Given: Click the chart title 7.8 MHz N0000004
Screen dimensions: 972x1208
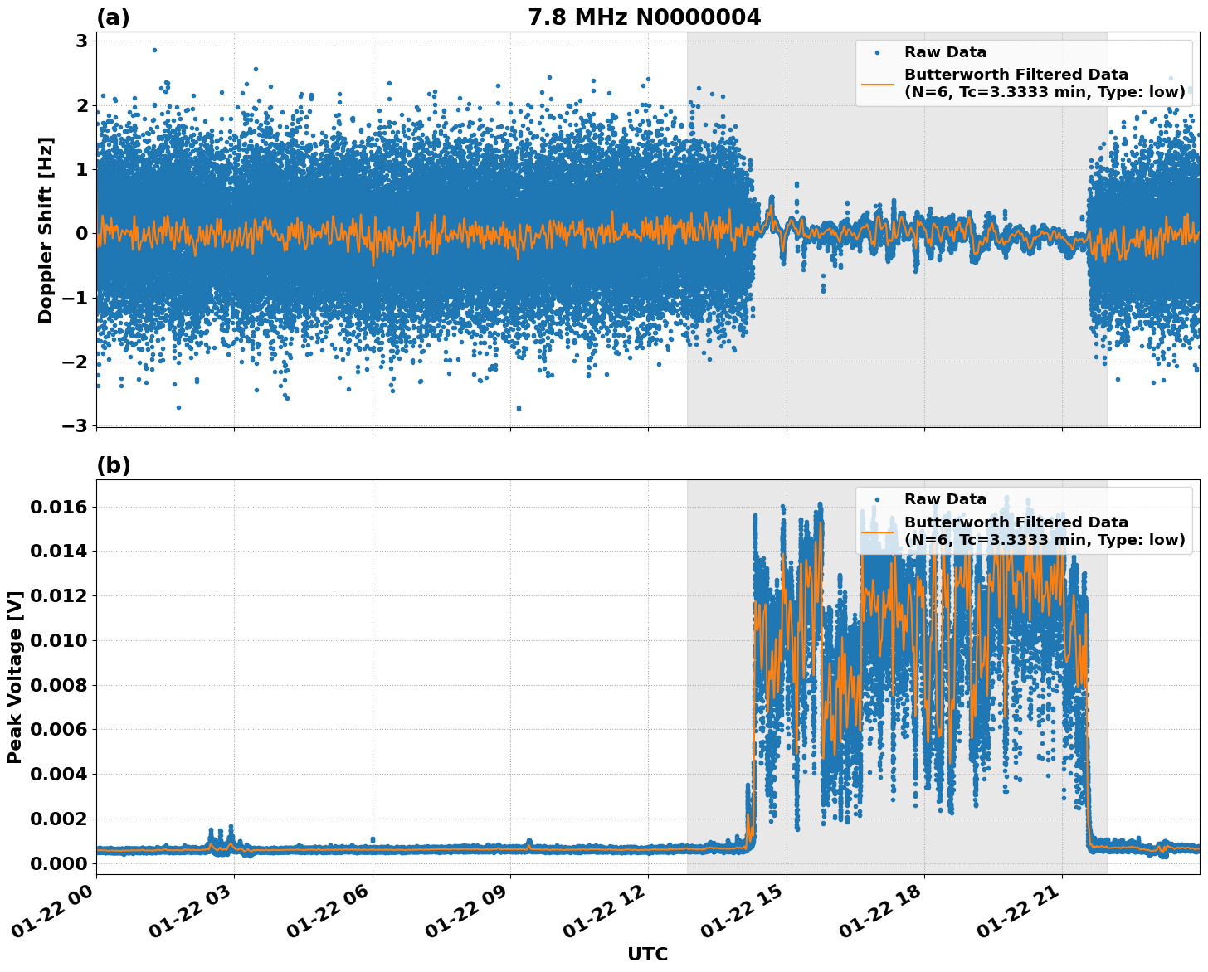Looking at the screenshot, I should click(x=644, y=17).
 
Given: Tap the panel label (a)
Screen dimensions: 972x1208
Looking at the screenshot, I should click(x=113, y=17).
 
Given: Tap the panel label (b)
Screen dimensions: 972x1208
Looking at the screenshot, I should click(x=114, y=465).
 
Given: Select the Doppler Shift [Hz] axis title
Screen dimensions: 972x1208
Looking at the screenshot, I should click(x=46, y=230).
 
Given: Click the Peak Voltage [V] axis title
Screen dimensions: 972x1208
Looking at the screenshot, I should click(x=14, y=677).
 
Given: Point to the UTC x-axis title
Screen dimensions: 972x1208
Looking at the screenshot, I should click(x=647, y=954).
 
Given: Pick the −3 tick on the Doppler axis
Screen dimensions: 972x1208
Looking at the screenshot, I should click(x=76, y=425).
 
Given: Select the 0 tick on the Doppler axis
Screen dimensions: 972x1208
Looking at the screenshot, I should click(x=82, y=233).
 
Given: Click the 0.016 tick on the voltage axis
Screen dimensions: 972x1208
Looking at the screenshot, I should click(x=58, y=507).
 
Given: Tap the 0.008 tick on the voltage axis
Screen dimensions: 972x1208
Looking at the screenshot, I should click(x=58, y=685).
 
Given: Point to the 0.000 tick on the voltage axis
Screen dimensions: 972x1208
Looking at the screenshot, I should click(x=58, y=863).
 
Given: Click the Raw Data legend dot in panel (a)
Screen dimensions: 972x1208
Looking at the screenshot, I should click(x=877, y=52).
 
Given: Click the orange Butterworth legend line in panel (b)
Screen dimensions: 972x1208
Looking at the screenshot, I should click(x=877, y=532).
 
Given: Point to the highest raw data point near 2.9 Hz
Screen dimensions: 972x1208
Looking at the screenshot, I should click(x=154, y=50).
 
